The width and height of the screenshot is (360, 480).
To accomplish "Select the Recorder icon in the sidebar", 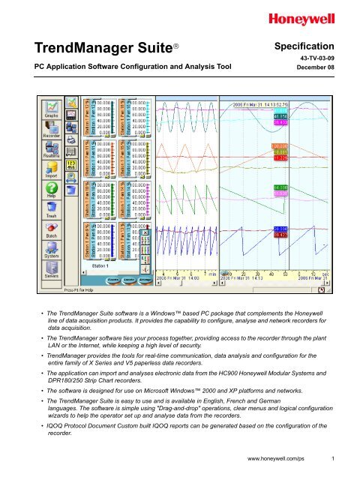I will pyautogui.click(x=52, y=130).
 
